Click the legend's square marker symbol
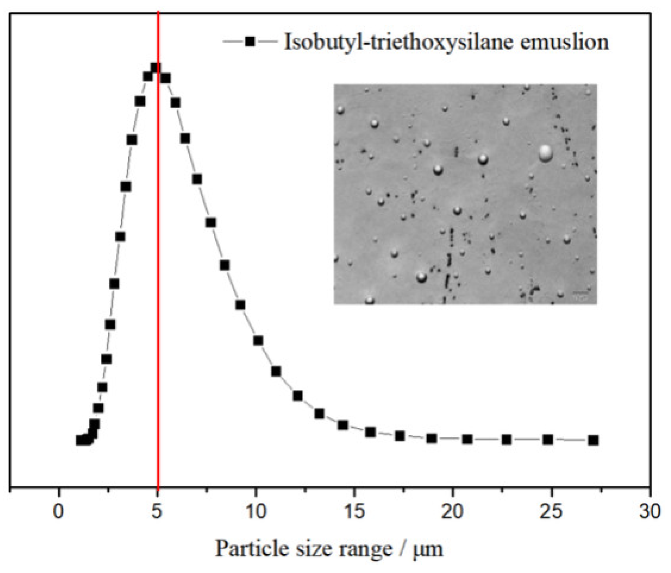pos(250,41)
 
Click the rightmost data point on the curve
pos(593,440)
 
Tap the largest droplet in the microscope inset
pos(545,153)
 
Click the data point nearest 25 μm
pos(548,440)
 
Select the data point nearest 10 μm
pos(258,340)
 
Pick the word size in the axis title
pos(299,549)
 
